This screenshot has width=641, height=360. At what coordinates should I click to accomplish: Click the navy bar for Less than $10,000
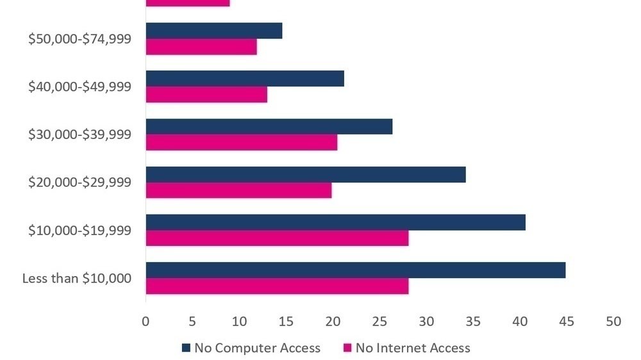click(x=356, y=270)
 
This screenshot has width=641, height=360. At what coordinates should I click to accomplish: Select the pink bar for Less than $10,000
click(x=277, y=286)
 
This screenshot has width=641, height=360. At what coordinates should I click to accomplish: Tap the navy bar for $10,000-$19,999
click(x=336, y=222)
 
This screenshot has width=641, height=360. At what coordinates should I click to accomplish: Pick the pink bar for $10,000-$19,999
click(x=277, y=238)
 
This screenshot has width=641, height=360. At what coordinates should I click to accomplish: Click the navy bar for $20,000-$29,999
click(x=306, y=174)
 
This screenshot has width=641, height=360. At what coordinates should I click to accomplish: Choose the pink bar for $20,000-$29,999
click(x=238, y=190)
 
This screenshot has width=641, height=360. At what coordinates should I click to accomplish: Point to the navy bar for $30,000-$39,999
click(x=269, y=126)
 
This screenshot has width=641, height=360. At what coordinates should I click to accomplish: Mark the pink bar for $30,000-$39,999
click(x=242, y=142)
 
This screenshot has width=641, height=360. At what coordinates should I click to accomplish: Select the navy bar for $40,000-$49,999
click(x=245, y=78)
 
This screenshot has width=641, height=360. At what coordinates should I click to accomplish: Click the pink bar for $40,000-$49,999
click(x=206, y=94)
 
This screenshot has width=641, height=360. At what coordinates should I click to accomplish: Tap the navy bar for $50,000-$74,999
click(x=214, y=31)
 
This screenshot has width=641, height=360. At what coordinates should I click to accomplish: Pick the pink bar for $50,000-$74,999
click(x=201, y=47)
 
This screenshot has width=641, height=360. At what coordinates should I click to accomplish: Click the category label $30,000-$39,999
click(x=79, y=135)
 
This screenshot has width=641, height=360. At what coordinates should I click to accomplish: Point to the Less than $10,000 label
click(x=77, y=279)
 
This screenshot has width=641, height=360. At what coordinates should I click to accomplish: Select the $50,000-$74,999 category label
click(x=79, y=38)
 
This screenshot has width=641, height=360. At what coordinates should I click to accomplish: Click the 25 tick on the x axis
click(x=379, y=322)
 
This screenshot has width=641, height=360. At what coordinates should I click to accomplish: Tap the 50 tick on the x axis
click(x=613, y=322)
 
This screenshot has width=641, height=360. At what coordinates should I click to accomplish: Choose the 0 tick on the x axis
click(x=146, y=322)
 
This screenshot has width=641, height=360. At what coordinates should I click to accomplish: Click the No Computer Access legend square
click(x=187, y=348)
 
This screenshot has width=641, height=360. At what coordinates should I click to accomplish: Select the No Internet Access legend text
click(x=413, y=348)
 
